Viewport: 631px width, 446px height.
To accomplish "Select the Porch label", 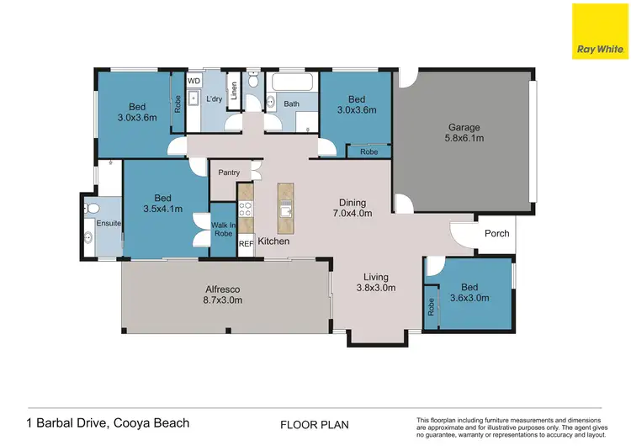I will click(x=496, y=233).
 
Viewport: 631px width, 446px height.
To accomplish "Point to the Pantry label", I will click(x=229, y=173).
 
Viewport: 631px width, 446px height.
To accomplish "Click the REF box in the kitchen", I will click(x=246, y=244).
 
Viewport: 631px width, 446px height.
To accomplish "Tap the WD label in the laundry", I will click(x=193, y=82).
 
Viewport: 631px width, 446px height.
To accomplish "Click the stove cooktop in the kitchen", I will click(x=247, y=210).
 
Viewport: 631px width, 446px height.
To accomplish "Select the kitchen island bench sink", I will click(x=285, y=210).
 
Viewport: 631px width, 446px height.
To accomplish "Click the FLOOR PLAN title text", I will click(x=315, y=425).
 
